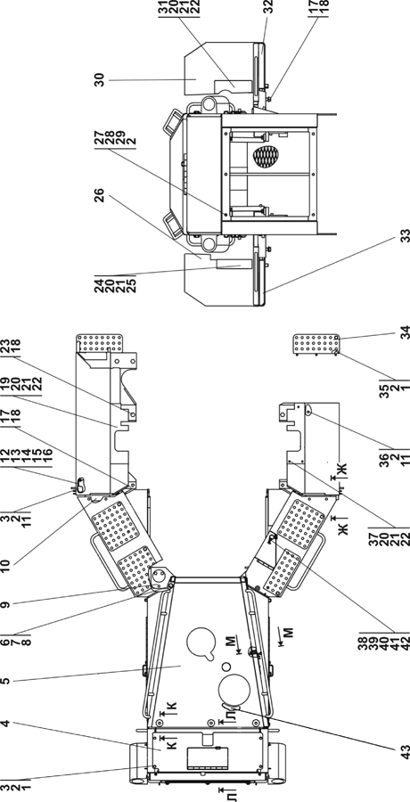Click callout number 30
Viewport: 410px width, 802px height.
click(99, 80)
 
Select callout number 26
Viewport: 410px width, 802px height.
click(99, 195)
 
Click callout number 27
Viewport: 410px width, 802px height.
click(99, 136)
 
